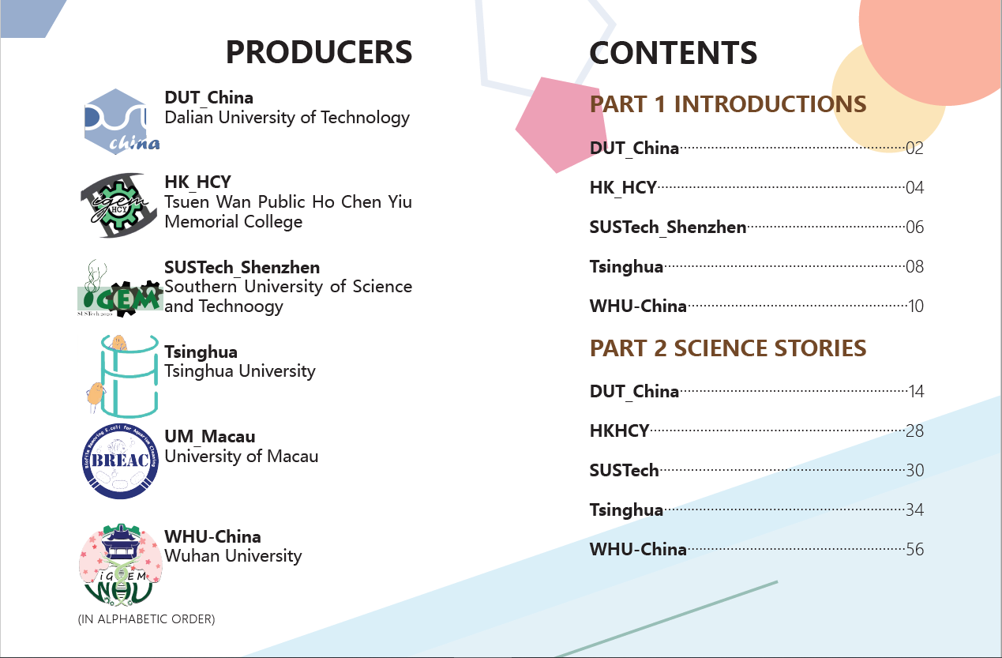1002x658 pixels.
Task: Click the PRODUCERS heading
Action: pyautogui.click(x=318, y=52)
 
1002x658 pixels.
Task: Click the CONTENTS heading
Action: pyautogui.click(x=674, y=53)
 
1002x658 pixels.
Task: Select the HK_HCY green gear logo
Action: pyautogui.click(x=119, y=205)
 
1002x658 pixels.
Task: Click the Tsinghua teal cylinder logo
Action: pyautogui.click(x=122, y=376)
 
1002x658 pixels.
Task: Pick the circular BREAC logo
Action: pyautogui.click(x=120, y=461)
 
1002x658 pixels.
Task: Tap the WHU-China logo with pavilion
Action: pyautogui.click(x=120, y=565)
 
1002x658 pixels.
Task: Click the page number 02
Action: pyautogui.click(x=914, y=149)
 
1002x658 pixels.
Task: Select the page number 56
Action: pyautogui.click(x=915, y=549)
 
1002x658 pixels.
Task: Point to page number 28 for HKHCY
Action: pyautogui.click(x=915, y=431)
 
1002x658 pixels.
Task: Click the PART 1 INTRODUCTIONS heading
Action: pyautogui.click(x=728, y=104)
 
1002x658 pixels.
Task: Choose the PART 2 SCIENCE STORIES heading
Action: pyautogui.click(x=728, y=348)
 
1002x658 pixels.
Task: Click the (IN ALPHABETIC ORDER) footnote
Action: pyautogui.click(x=146, y=619)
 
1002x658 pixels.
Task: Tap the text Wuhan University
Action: pyautogui.click(x=233, y=556)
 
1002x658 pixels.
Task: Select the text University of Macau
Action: pyautogui.click(x=242, y=456)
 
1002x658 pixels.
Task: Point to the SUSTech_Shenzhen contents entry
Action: pyautogui.click(x=668, y=227)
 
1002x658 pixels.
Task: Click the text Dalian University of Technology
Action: pyautogui.click(x=287, y=118)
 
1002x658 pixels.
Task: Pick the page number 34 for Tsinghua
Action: pyautogui.click(x=915, y=509)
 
